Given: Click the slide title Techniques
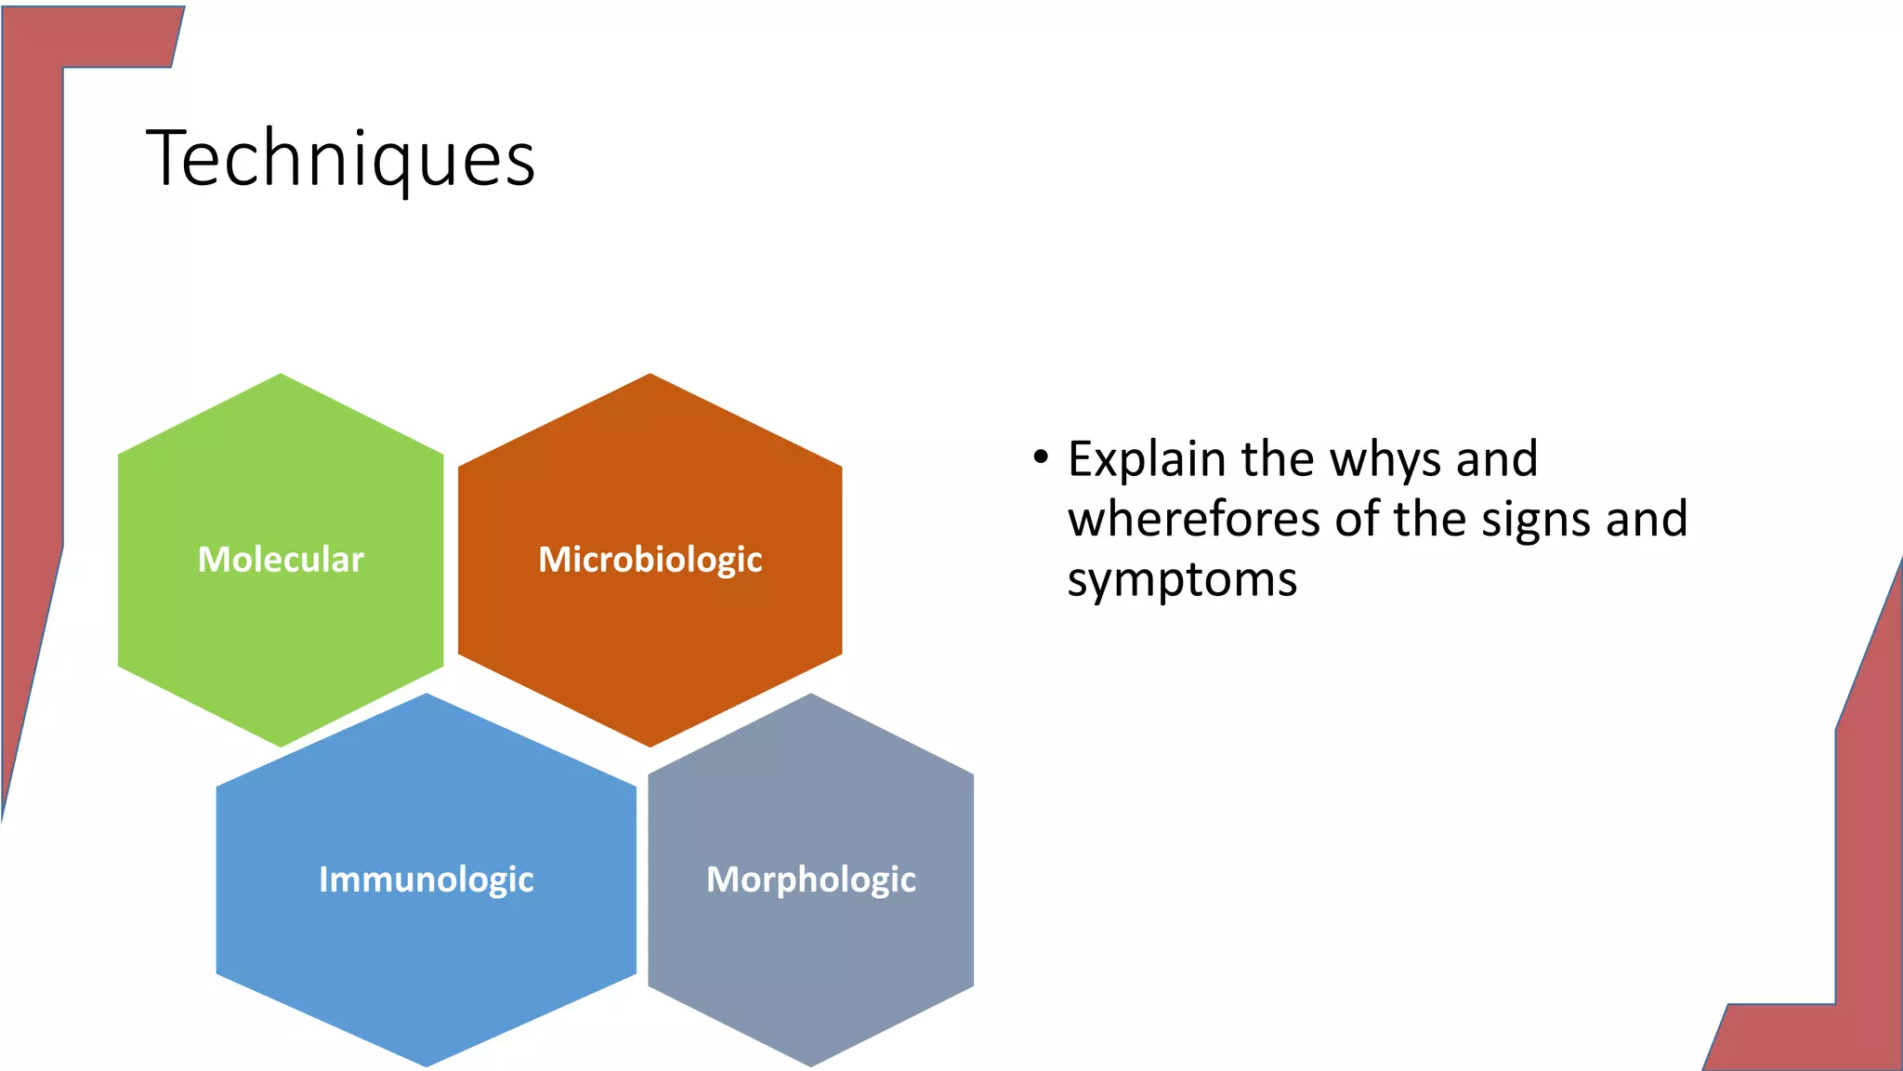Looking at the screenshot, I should [340, 159].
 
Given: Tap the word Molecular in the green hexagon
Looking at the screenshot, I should [281, 560].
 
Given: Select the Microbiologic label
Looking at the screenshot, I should [650, 560].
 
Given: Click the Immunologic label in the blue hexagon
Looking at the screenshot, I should [427, 879].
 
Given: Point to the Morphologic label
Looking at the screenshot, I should [811, 879].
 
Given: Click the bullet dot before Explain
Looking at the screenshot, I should [1040, 458].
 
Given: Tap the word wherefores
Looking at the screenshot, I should [1194, 520].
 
